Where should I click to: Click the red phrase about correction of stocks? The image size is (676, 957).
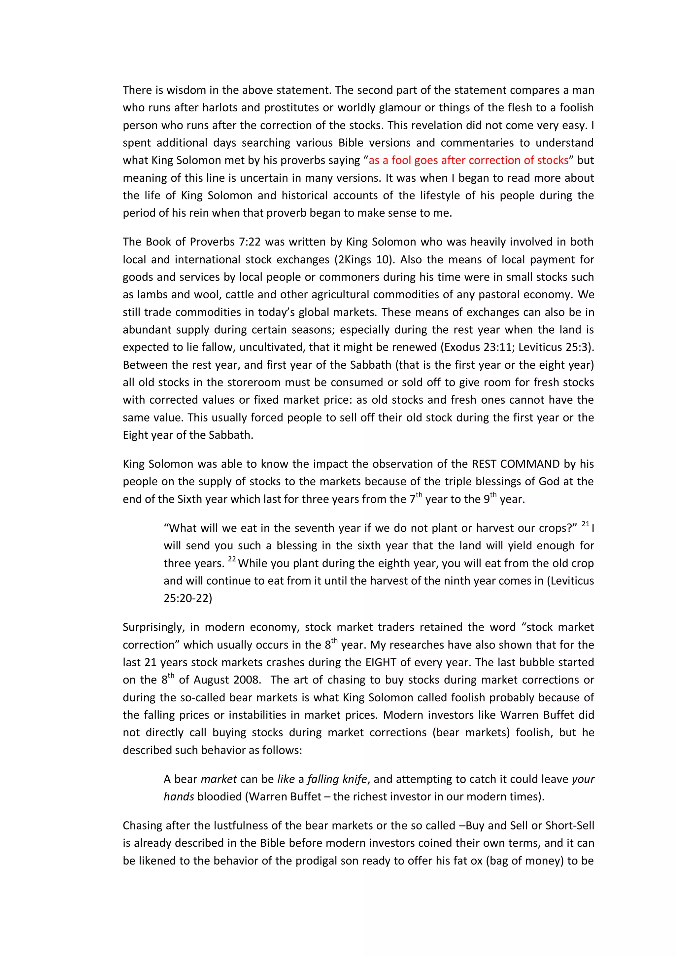point(468,161)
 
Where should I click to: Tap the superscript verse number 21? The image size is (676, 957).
point(586,524)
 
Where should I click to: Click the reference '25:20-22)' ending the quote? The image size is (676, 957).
point(188,599)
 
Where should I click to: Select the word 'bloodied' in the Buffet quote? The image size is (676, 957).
point(220,796)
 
